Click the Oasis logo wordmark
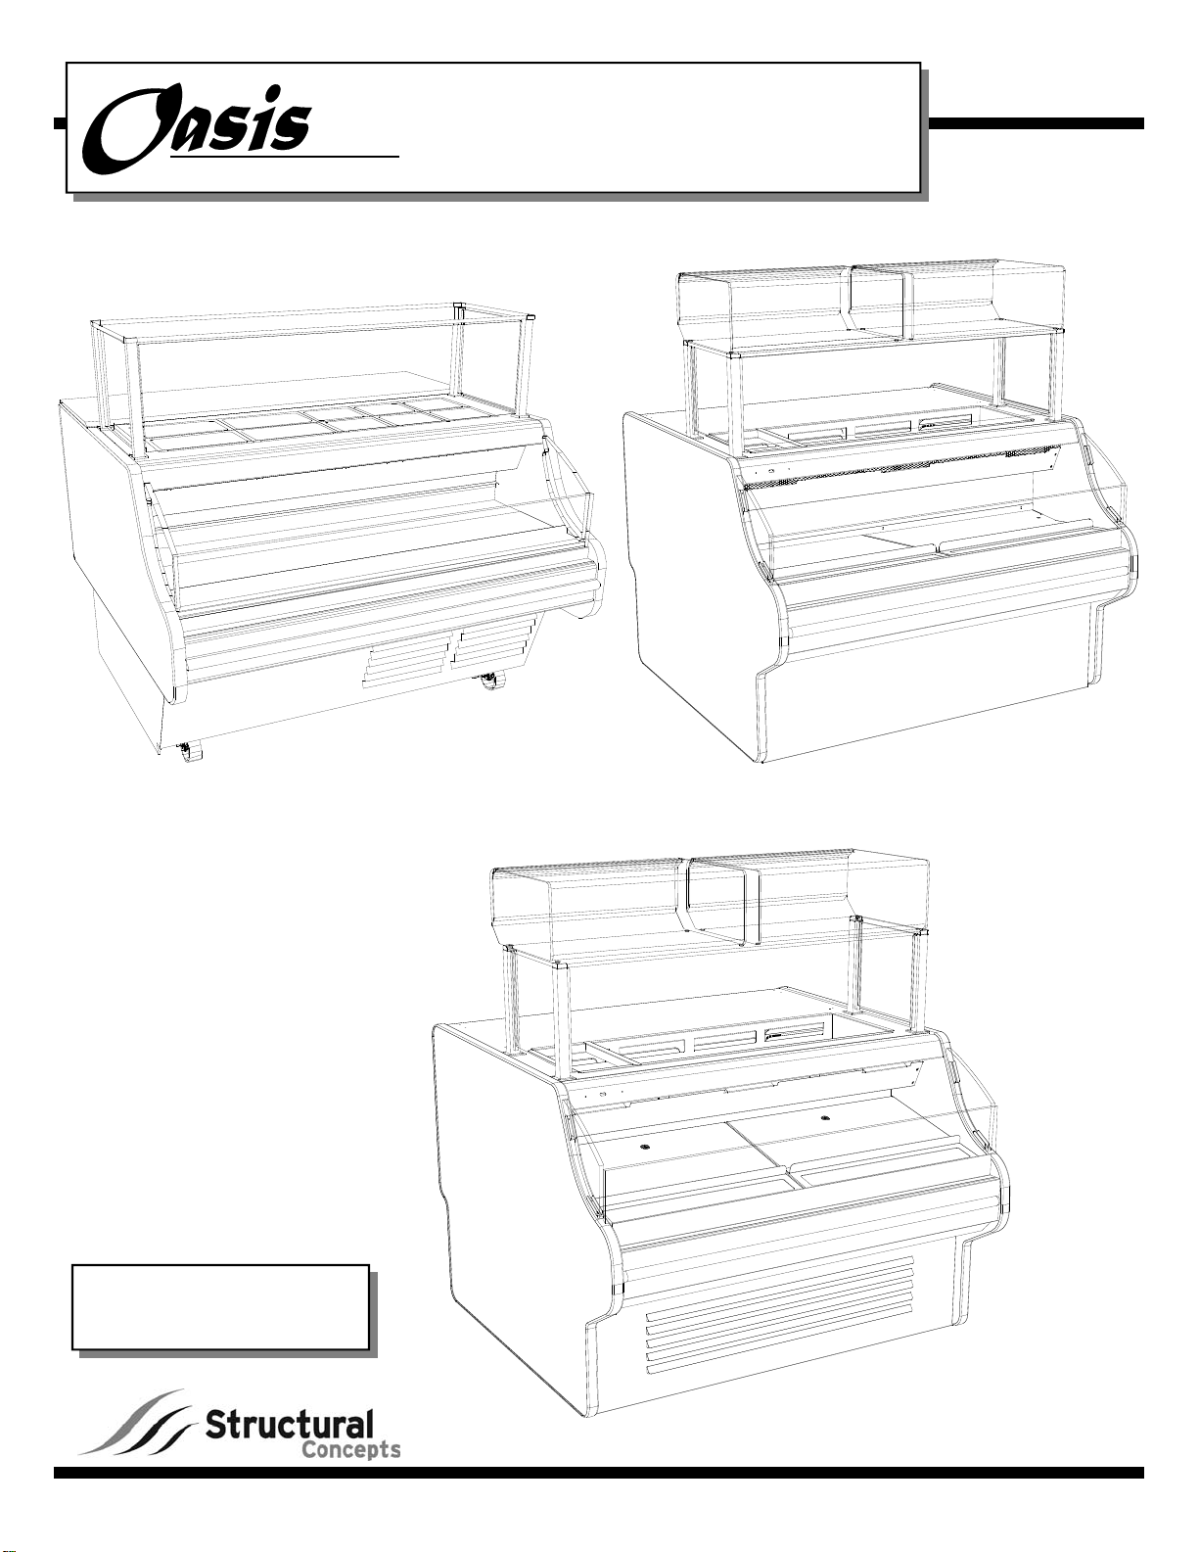point(201,129)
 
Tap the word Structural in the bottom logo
point(289,1425)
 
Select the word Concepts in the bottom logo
point(347,1449)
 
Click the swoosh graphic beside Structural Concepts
point(137,1425)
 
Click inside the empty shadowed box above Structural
point(220,1307)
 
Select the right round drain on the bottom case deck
point(825,1116)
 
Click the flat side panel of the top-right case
point(690,548)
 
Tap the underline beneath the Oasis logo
point(284,156)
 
